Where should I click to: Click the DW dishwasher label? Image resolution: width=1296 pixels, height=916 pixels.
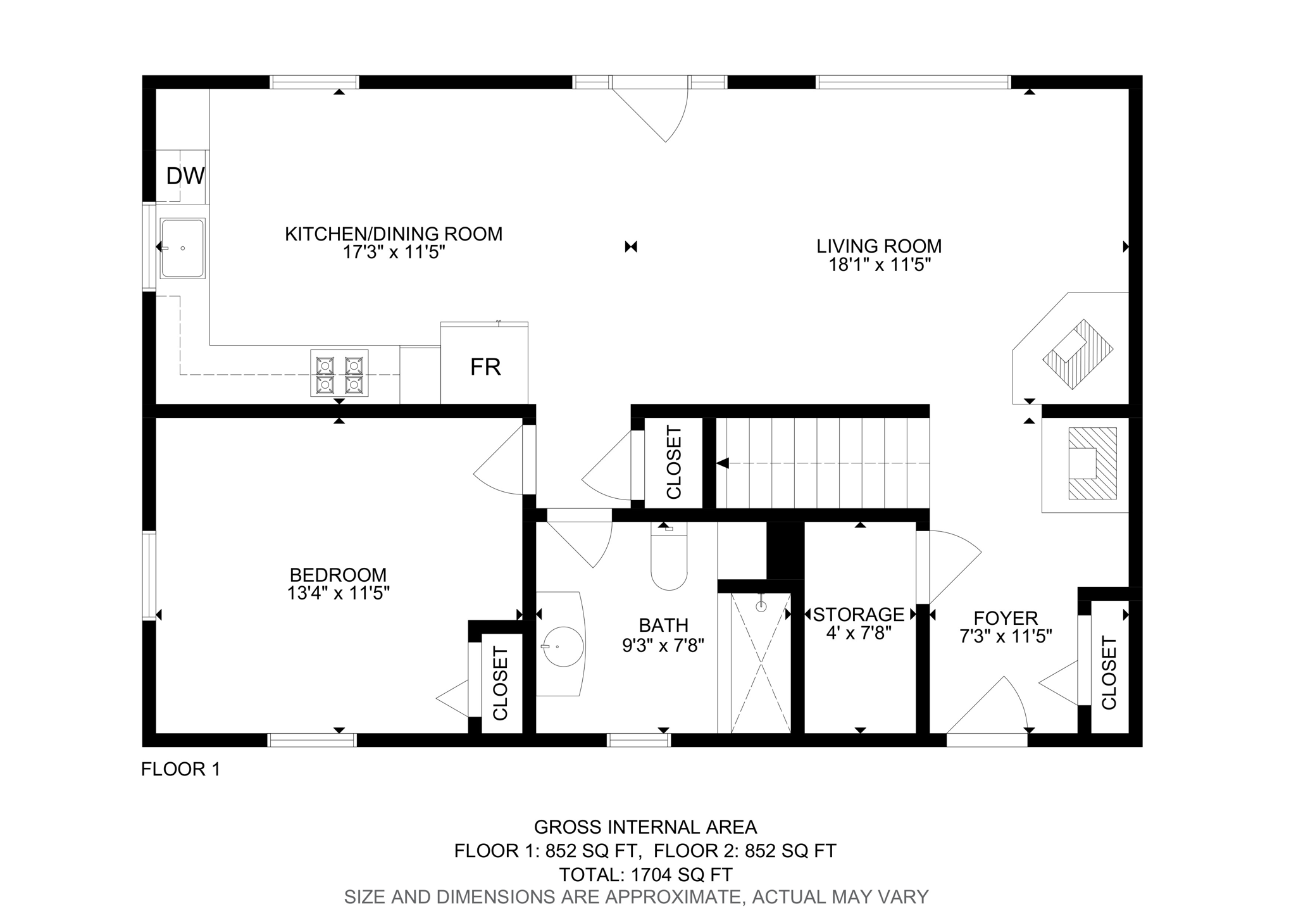(185, 176)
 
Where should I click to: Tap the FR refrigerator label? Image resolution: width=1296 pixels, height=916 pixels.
(485, 367)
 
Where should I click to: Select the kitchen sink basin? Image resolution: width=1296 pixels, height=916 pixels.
(182, 249)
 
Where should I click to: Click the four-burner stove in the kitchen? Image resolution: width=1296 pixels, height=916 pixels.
(339, 373)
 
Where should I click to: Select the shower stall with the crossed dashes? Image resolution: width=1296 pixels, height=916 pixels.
(761, 663)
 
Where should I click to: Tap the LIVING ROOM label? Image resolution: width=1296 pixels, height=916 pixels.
(879, 246)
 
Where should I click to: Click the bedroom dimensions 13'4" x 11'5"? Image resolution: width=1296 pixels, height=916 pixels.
(338, 593)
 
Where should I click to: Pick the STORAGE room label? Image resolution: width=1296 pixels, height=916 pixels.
(859, 614)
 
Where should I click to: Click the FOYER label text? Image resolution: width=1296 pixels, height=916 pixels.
(1006, 618)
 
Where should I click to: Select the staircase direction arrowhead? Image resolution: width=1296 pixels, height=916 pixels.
(723, 463)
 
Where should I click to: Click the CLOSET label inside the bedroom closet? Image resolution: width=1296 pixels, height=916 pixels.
(501, 683)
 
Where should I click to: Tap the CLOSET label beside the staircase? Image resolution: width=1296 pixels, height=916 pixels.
(673, 462)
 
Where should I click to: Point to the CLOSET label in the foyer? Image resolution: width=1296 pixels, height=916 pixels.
(1109, 672)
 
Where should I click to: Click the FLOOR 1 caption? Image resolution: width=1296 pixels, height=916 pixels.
(181, 769)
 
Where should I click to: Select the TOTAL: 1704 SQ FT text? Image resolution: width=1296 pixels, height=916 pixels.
(645, 875)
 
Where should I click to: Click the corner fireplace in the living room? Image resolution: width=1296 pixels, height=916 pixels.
(1071, 348)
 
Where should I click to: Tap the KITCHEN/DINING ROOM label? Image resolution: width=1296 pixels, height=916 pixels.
(394, 234)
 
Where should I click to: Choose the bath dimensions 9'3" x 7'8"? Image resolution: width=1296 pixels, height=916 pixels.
(663, 645)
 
